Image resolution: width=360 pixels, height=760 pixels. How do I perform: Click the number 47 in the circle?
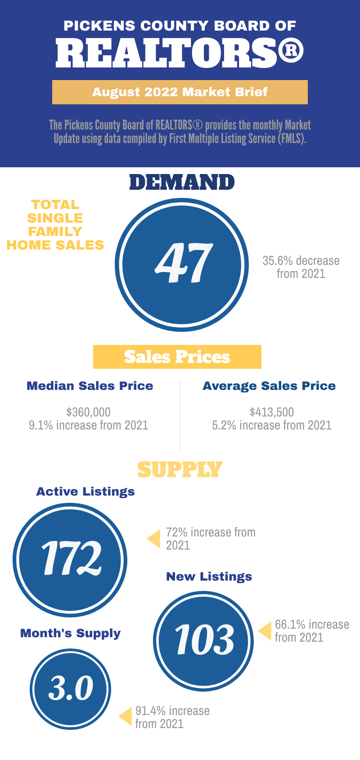184,264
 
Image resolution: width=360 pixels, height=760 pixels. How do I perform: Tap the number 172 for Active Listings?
71,559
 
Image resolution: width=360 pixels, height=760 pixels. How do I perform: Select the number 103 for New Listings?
204,640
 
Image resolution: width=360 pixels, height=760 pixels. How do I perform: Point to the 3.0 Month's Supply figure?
71,688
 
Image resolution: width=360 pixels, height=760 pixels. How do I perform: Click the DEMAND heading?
182,183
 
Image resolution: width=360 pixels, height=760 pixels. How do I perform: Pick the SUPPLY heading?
180,469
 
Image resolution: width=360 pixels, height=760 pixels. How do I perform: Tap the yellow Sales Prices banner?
177,357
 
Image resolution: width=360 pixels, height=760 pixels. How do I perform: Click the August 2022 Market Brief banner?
180,92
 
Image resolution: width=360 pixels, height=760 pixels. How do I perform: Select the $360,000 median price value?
89,412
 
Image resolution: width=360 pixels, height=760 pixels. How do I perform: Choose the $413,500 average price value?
272,412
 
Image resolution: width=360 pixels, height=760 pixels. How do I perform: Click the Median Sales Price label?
90,386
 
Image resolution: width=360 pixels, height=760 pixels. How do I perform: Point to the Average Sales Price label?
269,386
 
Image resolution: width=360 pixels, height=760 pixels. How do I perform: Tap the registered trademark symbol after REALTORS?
291,51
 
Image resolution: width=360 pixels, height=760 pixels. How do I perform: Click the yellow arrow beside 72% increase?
154,539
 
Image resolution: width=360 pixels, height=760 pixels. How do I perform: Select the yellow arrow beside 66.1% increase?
265,631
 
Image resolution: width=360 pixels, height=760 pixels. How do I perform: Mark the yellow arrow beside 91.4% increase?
126,716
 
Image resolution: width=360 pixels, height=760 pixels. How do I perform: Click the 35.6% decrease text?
301,261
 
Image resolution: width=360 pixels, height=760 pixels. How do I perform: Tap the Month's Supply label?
71,633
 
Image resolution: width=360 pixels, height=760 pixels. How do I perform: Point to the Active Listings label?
85,492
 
